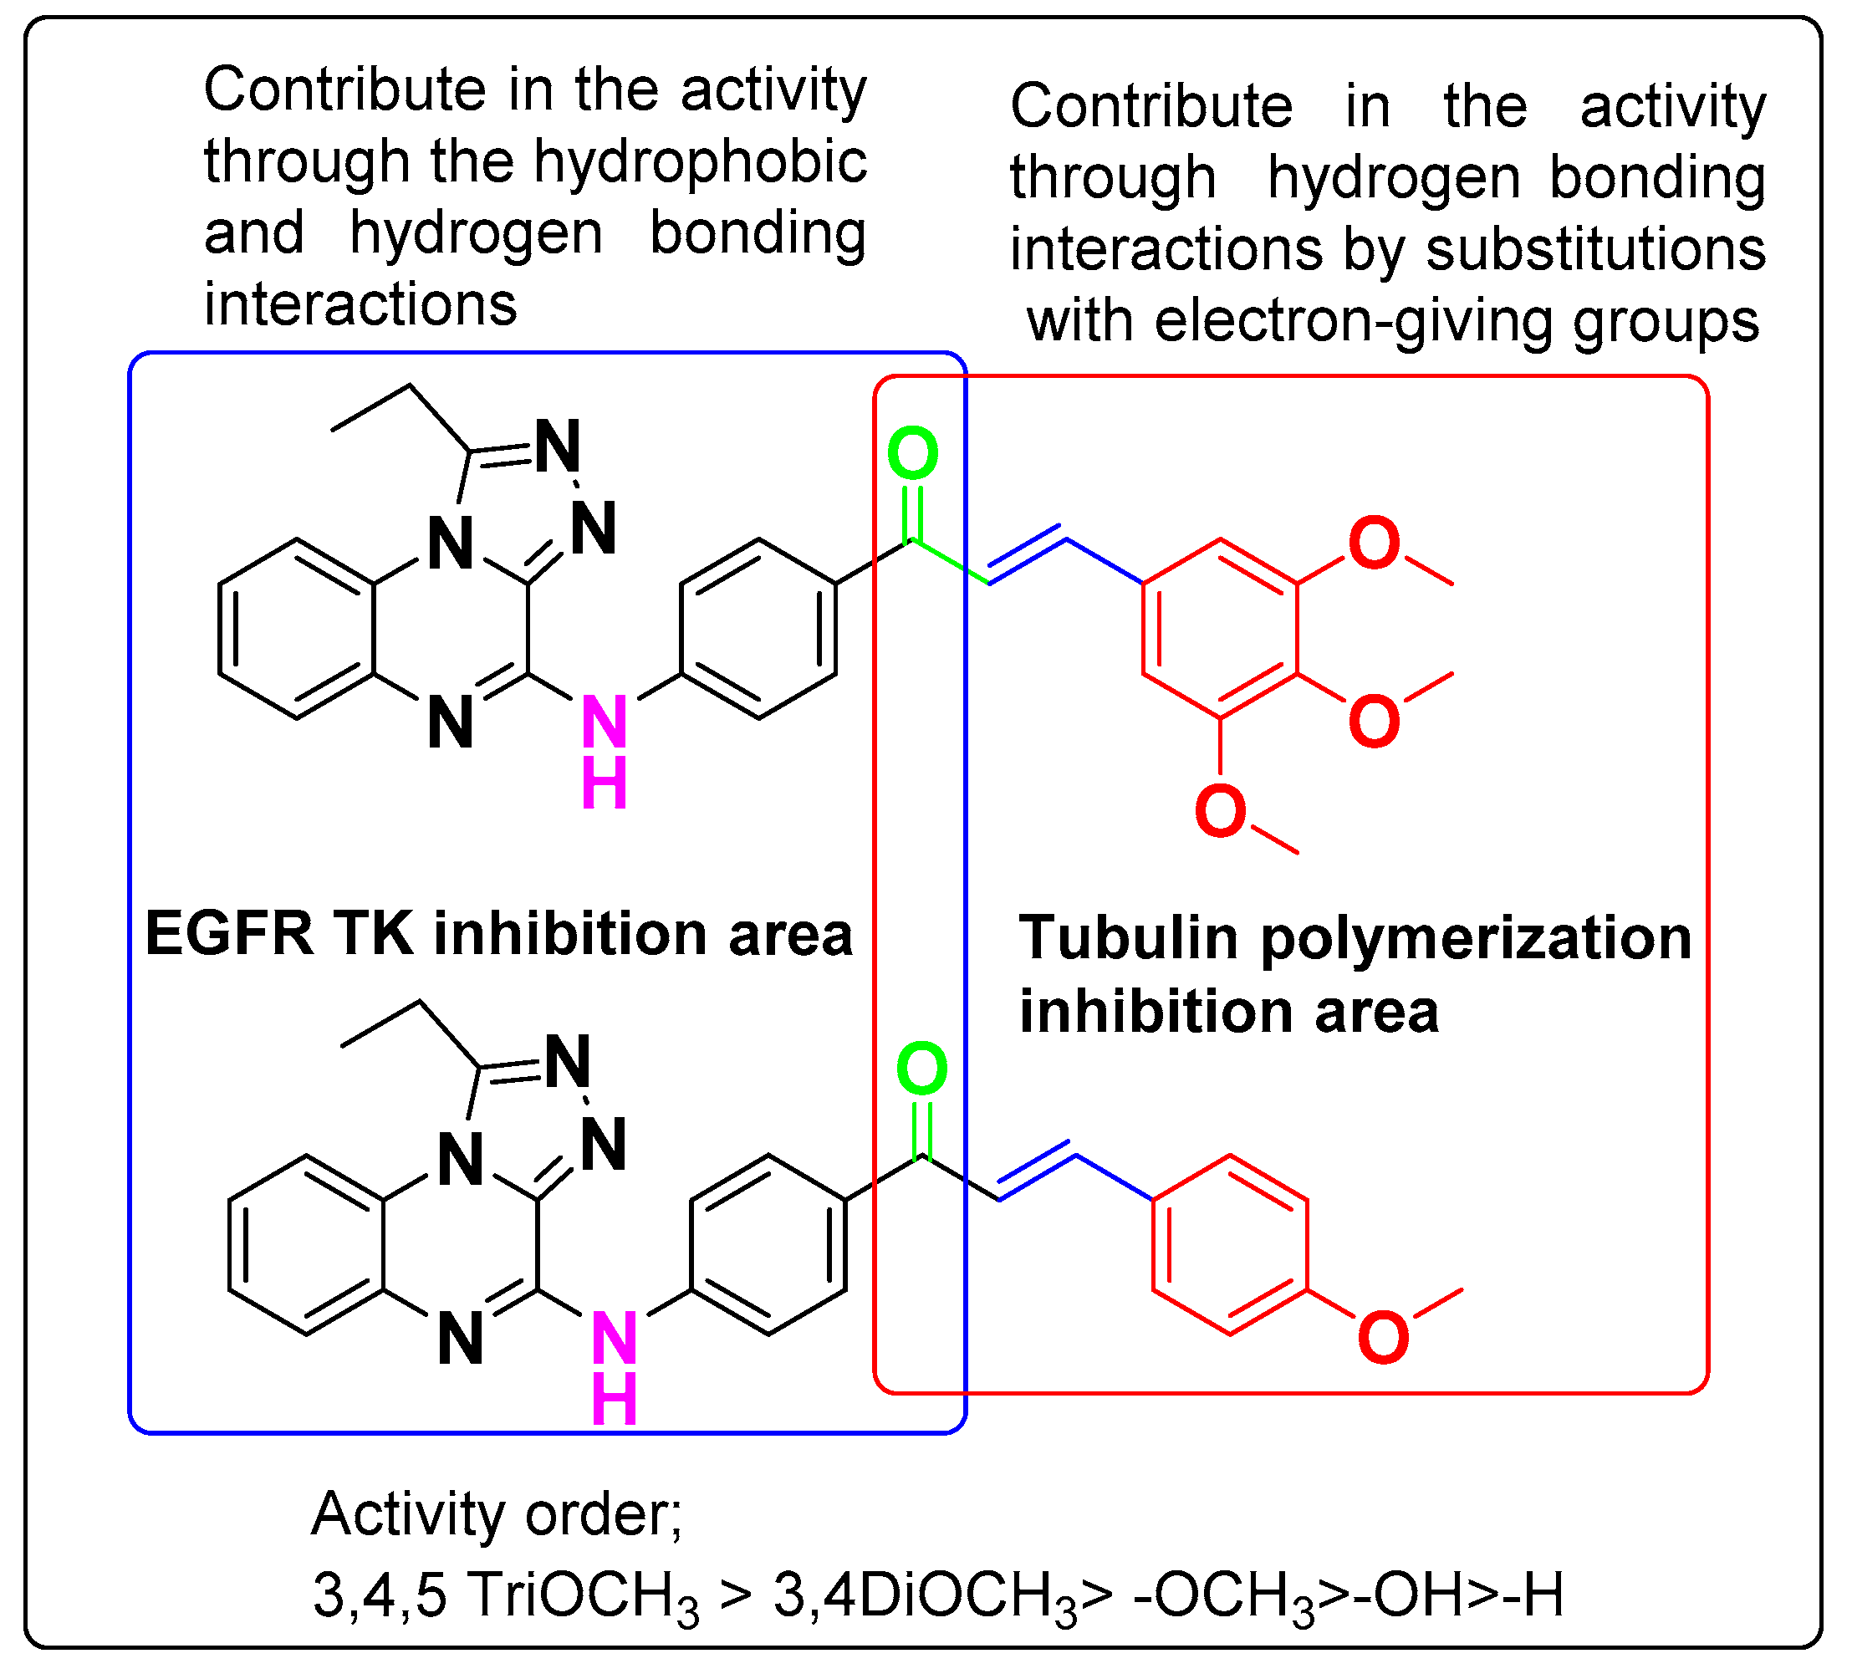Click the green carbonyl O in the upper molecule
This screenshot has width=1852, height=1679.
[x=912, y=454]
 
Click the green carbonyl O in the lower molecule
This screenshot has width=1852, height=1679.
[x=921, y=1069]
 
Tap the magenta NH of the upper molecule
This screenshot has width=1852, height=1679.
[x=605, y=752]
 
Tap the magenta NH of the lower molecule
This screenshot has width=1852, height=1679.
[x=615, y=1367]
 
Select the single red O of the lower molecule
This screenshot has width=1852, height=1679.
[x=1383, y=1337]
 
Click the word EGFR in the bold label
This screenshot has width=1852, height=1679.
[x=229, y=934]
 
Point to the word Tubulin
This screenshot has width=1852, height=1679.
[x=1129, y=938]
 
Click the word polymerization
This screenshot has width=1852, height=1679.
[x=1476, y=940]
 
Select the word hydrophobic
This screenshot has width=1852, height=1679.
[x=700, y=162]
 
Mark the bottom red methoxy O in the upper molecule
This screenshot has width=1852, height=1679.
[x=1220, y=812]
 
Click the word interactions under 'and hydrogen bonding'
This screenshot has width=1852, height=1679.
[x=360, y=304]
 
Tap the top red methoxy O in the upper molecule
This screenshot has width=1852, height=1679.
[x=1374, y=543]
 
